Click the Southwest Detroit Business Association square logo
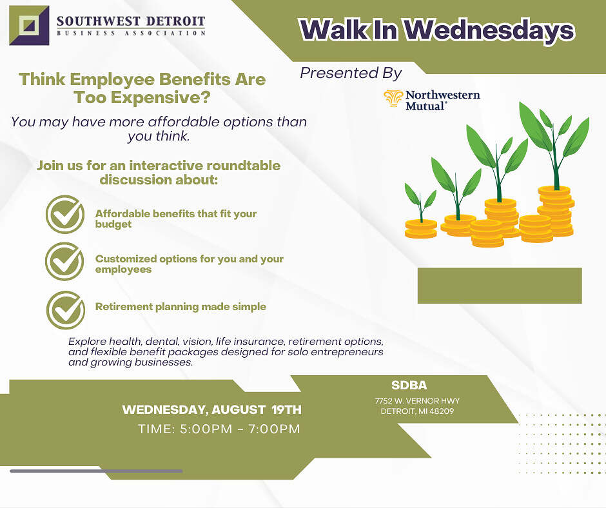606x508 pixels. click(30, 26)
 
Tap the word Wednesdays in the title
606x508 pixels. click(489, 30)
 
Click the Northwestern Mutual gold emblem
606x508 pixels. click(393, 98)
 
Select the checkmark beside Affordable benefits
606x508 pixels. click(65, 215)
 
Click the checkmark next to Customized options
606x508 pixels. click(64, 261)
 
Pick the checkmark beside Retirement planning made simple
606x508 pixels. click(66, 309)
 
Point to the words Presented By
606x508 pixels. click(351, 73)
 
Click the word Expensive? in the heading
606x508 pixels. click(161, 97)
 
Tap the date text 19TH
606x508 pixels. click(286, 410)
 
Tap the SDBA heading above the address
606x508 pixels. click(409, 386)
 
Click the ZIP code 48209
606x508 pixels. click(442, 411)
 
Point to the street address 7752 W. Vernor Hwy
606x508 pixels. click(417, 401)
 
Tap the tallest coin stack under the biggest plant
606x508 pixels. click(556, 211)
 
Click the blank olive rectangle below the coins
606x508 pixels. click(500, 286)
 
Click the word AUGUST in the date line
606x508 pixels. click(239, 410)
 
